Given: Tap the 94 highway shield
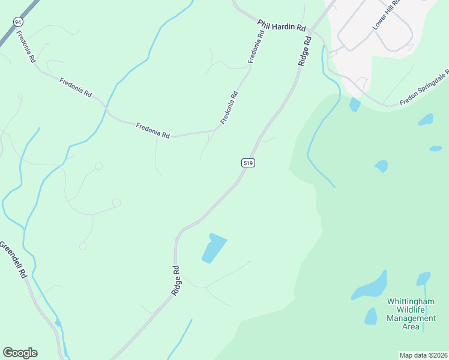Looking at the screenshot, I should [17, 22].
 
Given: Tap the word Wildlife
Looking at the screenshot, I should [408, 310].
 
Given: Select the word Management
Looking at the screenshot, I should [411, 318].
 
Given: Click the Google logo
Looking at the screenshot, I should [20, 353].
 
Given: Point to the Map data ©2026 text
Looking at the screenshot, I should [423, 355].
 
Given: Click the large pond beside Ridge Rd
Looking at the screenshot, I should [214, 248].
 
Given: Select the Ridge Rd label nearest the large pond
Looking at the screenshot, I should [176, 280].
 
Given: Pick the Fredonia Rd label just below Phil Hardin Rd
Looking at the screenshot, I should [256, 47].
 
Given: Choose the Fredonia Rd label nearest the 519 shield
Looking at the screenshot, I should [230, 107].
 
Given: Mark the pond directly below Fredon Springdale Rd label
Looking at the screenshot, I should [426, 119].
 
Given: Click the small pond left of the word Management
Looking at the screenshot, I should [370, 316].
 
